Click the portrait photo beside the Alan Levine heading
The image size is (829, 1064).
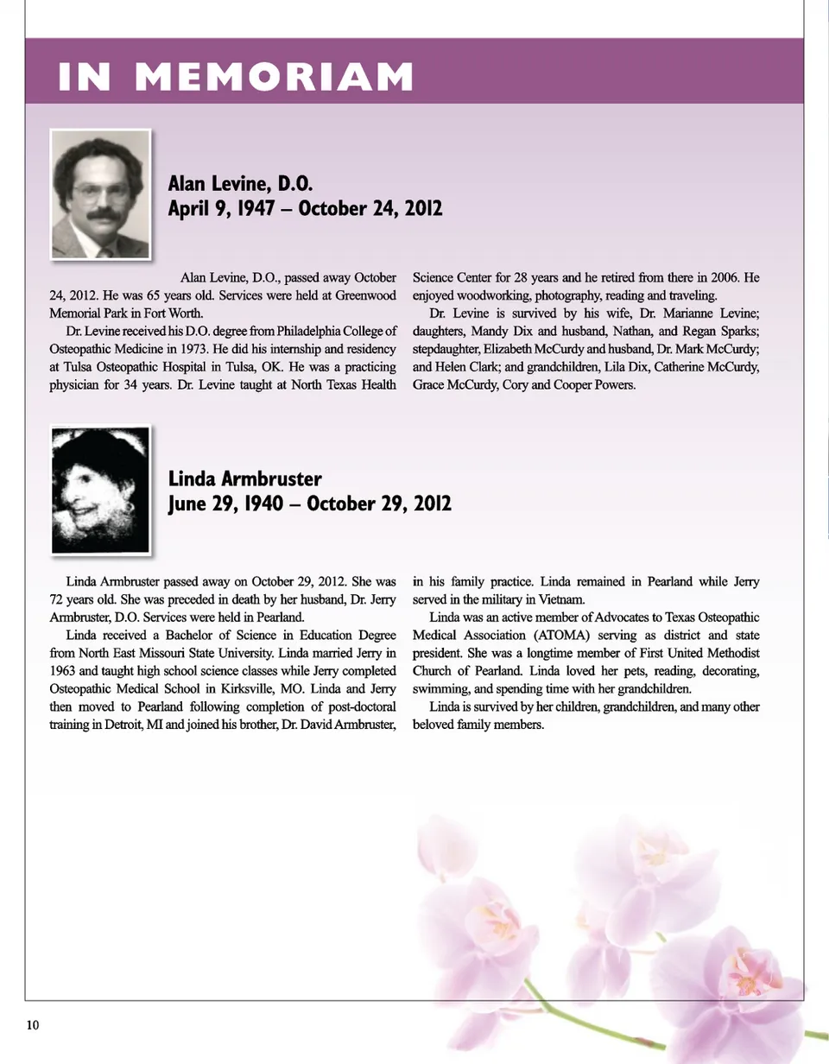(101, 194)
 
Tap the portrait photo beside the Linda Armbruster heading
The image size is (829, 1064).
(101, 490)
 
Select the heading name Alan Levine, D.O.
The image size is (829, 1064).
(239, 183)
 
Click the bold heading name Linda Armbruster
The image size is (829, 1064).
(244, 478)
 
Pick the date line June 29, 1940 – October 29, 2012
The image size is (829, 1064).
(309, 503)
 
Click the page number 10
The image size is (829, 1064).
(32, 1025)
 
